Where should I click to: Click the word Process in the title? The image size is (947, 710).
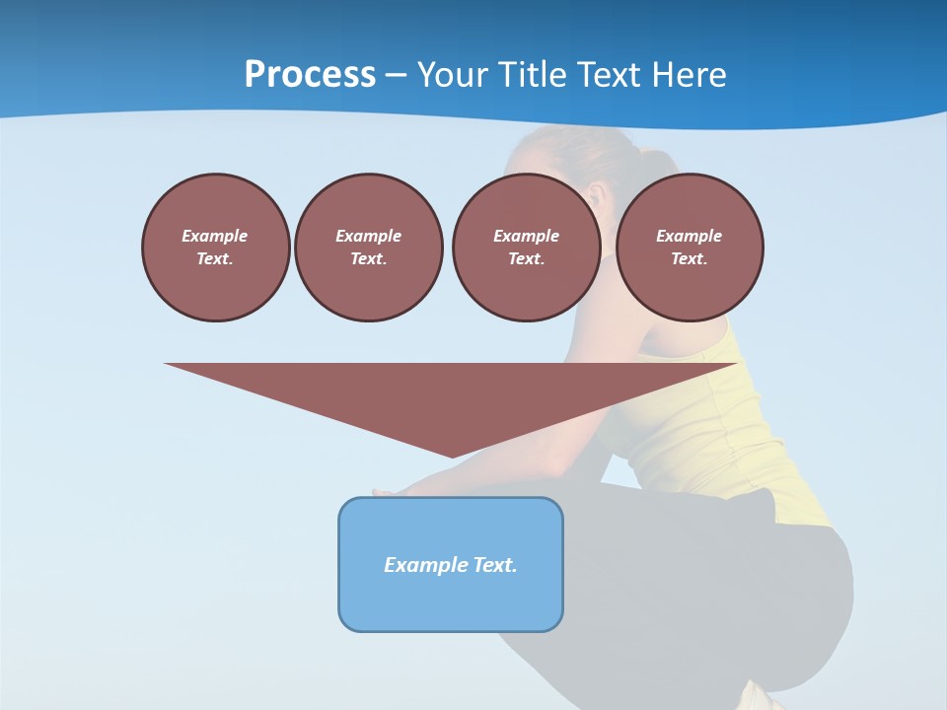310,74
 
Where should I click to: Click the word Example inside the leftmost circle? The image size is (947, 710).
215,236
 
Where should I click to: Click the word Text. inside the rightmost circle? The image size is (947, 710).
689,258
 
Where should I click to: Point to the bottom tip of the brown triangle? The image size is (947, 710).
452,456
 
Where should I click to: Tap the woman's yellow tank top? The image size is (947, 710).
710,424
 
